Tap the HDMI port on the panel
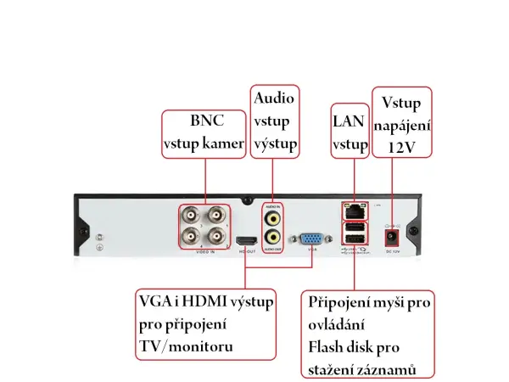(x=247, y=241)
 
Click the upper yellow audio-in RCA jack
(x=273, y=217)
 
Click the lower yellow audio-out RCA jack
(x=273, y=238)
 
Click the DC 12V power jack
(x=393, y=237)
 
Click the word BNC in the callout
(x=204, y=121)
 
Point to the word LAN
(x=349, y=121)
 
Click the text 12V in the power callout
(x=401, y=146)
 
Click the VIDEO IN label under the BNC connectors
(x=204, y=252)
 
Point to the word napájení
(x=401, y=125)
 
